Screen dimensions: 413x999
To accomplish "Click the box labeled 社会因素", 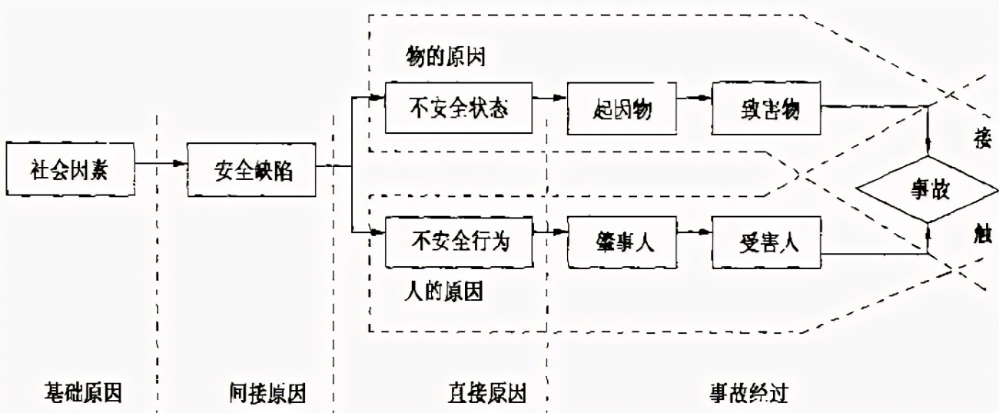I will coord(70,167).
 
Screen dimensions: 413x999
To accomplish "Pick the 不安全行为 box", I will coord(459,241).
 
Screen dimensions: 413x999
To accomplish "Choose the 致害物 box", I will coord(765,108).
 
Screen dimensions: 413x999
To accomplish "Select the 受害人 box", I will coord(765,241).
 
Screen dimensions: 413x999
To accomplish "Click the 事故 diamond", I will coord(930,189).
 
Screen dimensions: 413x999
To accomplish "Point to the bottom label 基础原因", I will coord(83,393).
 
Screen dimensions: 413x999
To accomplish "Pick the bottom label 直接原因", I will coord(487,393).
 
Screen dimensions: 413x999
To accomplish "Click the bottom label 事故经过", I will coord(748,393).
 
